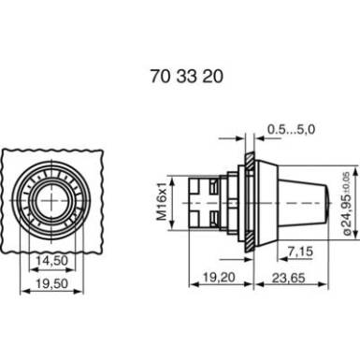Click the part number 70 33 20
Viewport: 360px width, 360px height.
pos(187,77)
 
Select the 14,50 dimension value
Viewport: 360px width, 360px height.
pos(51,260)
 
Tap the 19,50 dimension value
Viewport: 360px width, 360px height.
pos(51,283)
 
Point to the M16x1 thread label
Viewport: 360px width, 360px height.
pos(162,203)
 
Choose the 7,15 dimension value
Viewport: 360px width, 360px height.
pos(300,252)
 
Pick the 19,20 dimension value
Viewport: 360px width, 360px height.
pos(219,277)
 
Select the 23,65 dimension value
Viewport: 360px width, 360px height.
pos(288,278)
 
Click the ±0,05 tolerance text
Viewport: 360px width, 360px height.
pos(347,181)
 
